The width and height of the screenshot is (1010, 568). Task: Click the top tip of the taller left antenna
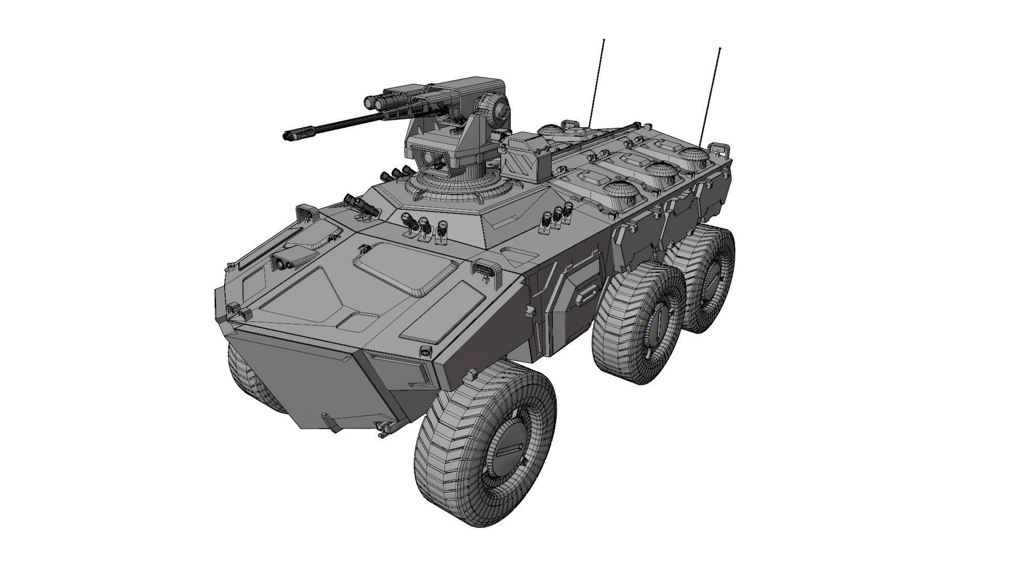click(x=604, y=40)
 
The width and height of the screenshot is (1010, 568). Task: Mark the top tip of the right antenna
click(x=720, y=49)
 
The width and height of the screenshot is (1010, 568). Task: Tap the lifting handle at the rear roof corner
click(x=720, y=148)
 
